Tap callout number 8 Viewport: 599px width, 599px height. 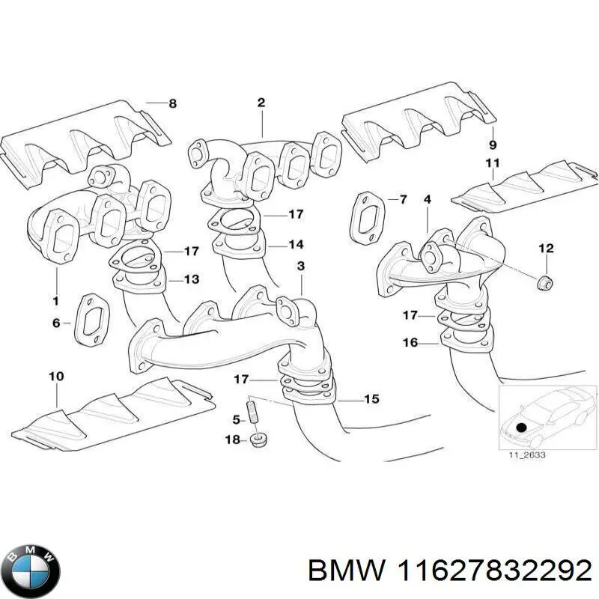pos(173,104)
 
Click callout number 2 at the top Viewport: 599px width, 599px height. pos(261,104)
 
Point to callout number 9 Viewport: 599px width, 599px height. pos(492,144)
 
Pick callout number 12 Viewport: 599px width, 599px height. pos(546,248)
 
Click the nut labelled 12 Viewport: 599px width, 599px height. pos(545,282)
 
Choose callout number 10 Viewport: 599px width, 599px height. pos(57,377)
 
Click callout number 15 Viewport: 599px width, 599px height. pos(371,399)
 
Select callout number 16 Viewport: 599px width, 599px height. pos(410,343)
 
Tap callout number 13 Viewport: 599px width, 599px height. pos(192,280)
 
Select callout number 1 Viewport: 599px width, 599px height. pos(55,300)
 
